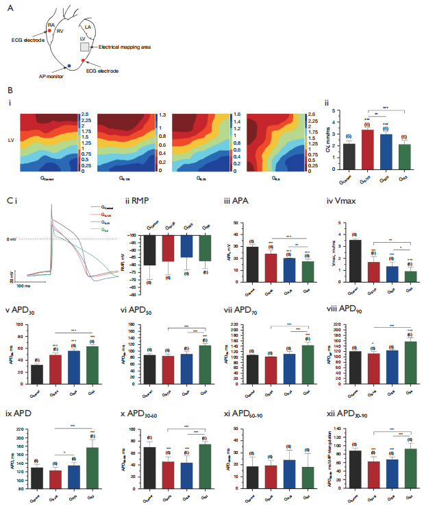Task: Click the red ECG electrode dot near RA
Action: coord(49,32)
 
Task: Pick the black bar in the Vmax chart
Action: coord(355,261)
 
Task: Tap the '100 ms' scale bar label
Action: coord(26,285)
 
